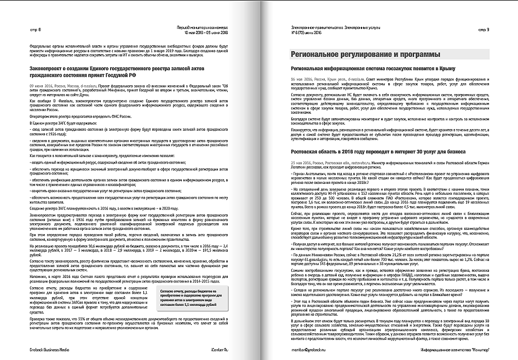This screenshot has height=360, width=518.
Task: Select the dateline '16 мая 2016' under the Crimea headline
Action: (x=301, y=79)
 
